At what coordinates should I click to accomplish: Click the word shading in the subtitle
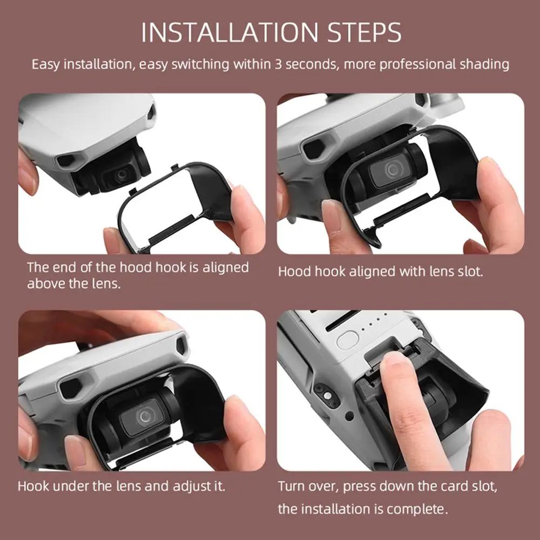(x=484, y=64)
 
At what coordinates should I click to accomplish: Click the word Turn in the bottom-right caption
(x=291, y=485)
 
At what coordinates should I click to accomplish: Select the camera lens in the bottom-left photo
(x=145, y=416)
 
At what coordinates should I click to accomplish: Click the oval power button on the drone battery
(x=347, y=340)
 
